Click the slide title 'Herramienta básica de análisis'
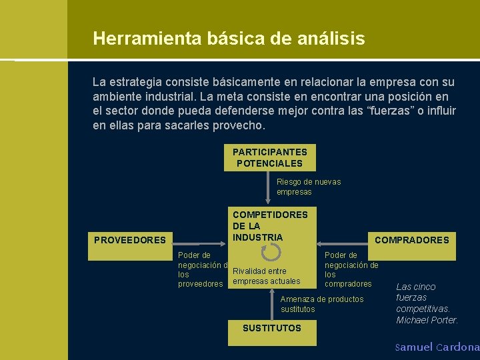point(229,39)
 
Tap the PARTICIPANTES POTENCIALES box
point(270,158)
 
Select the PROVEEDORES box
point(130,240)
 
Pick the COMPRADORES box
point(412,240)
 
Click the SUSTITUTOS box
point(271,328)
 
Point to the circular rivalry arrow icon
point(272,252)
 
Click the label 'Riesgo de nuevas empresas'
point(309,187)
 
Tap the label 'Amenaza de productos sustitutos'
point(322,304)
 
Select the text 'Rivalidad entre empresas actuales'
point(266,276)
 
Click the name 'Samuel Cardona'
point(437,347)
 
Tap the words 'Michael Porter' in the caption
point(427,320)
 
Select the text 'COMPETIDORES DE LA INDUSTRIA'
point(270,226)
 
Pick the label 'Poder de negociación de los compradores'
point(351,269)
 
